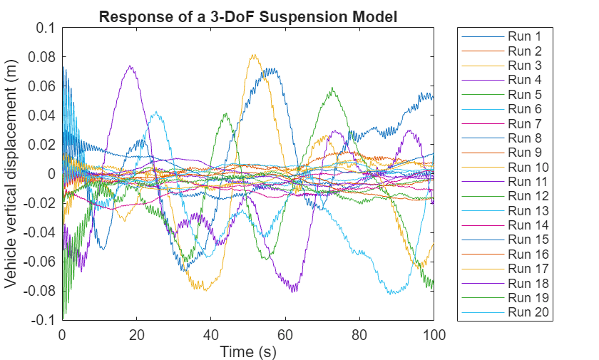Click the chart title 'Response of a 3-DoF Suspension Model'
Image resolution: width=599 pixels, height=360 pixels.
tap(247, 16)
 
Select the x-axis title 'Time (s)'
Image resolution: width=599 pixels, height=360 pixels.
tap(247, 351)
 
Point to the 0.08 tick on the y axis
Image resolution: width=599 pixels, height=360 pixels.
tap(45, 57)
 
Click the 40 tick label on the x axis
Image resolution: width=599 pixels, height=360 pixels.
tap(211, 334)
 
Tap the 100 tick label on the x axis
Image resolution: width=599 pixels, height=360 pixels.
tap(434, 334)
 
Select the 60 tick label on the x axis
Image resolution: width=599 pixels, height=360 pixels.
tap(285, 334)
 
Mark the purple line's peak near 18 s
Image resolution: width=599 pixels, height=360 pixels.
tap(130, 66)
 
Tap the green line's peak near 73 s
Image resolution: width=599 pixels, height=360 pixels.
tap(332, 88)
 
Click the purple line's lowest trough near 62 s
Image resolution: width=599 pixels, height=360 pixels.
tap(293, 290)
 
